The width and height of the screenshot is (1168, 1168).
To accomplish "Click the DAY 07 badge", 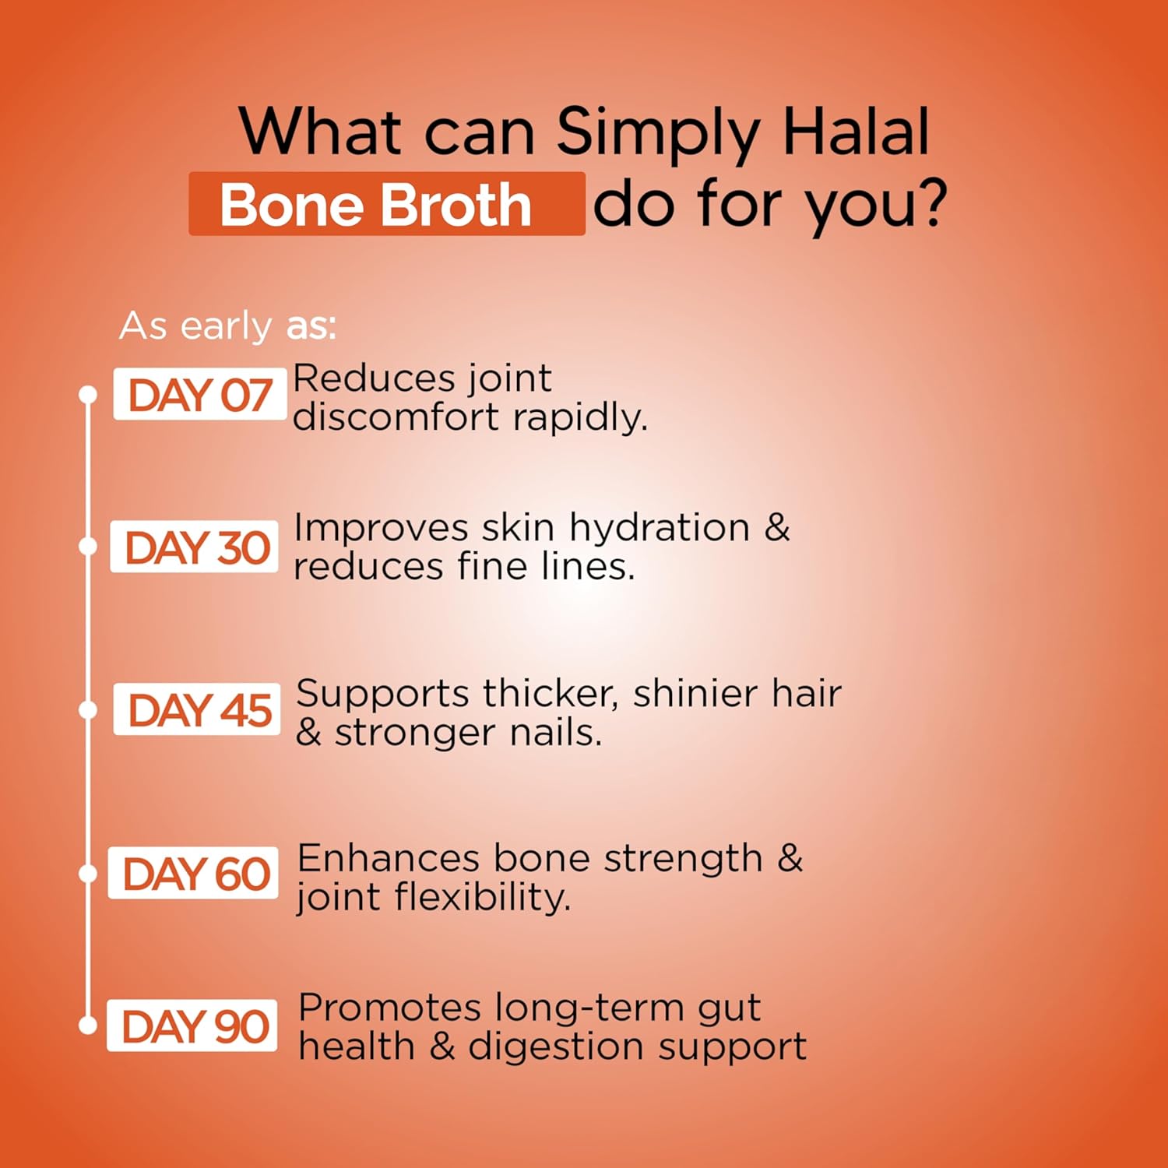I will (199, 395).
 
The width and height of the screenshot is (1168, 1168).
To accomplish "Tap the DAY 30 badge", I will (195, 547).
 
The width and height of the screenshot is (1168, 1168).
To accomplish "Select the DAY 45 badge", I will (198, 710).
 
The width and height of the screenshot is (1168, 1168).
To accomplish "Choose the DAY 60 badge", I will (194, 874).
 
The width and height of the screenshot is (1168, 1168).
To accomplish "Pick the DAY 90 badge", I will (192, 1026).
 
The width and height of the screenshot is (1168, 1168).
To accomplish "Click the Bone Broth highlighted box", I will (386, 205).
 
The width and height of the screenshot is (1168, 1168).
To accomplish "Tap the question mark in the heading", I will (928, 203).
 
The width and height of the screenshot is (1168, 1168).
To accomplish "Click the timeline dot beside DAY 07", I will (88, 395).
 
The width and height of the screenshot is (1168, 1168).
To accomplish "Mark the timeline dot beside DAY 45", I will (88, 710).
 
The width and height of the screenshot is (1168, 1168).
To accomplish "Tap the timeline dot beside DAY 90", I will (88, 1025).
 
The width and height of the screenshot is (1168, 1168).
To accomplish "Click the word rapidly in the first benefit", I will (579, 418).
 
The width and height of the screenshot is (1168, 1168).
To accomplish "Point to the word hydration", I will (660, 529).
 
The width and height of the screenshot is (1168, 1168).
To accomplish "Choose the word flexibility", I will (482, 897).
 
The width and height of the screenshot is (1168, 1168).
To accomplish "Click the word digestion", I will (545, 1047).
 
